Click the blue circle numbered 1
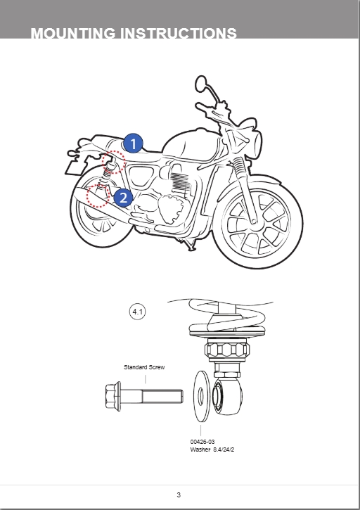133,144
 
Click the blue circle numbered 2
122,197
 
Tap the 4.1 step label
138,312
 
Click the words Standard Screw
144,367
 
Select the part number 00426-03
202,442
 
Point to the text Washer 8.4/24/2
213,449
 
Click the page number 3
179,495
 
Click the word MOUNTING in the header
75,33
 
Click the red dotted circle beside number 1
113,162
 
